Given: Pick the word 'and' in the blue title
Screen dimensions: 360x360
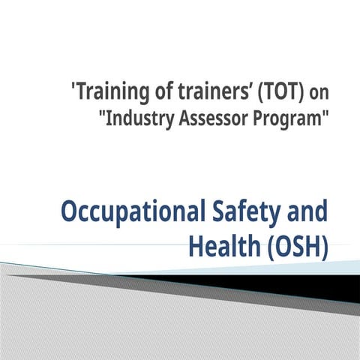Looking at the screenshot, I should click(x=307, y=211).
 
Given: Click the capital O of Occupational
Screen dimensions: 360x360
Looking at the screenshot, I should click(x=70, y=211).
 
